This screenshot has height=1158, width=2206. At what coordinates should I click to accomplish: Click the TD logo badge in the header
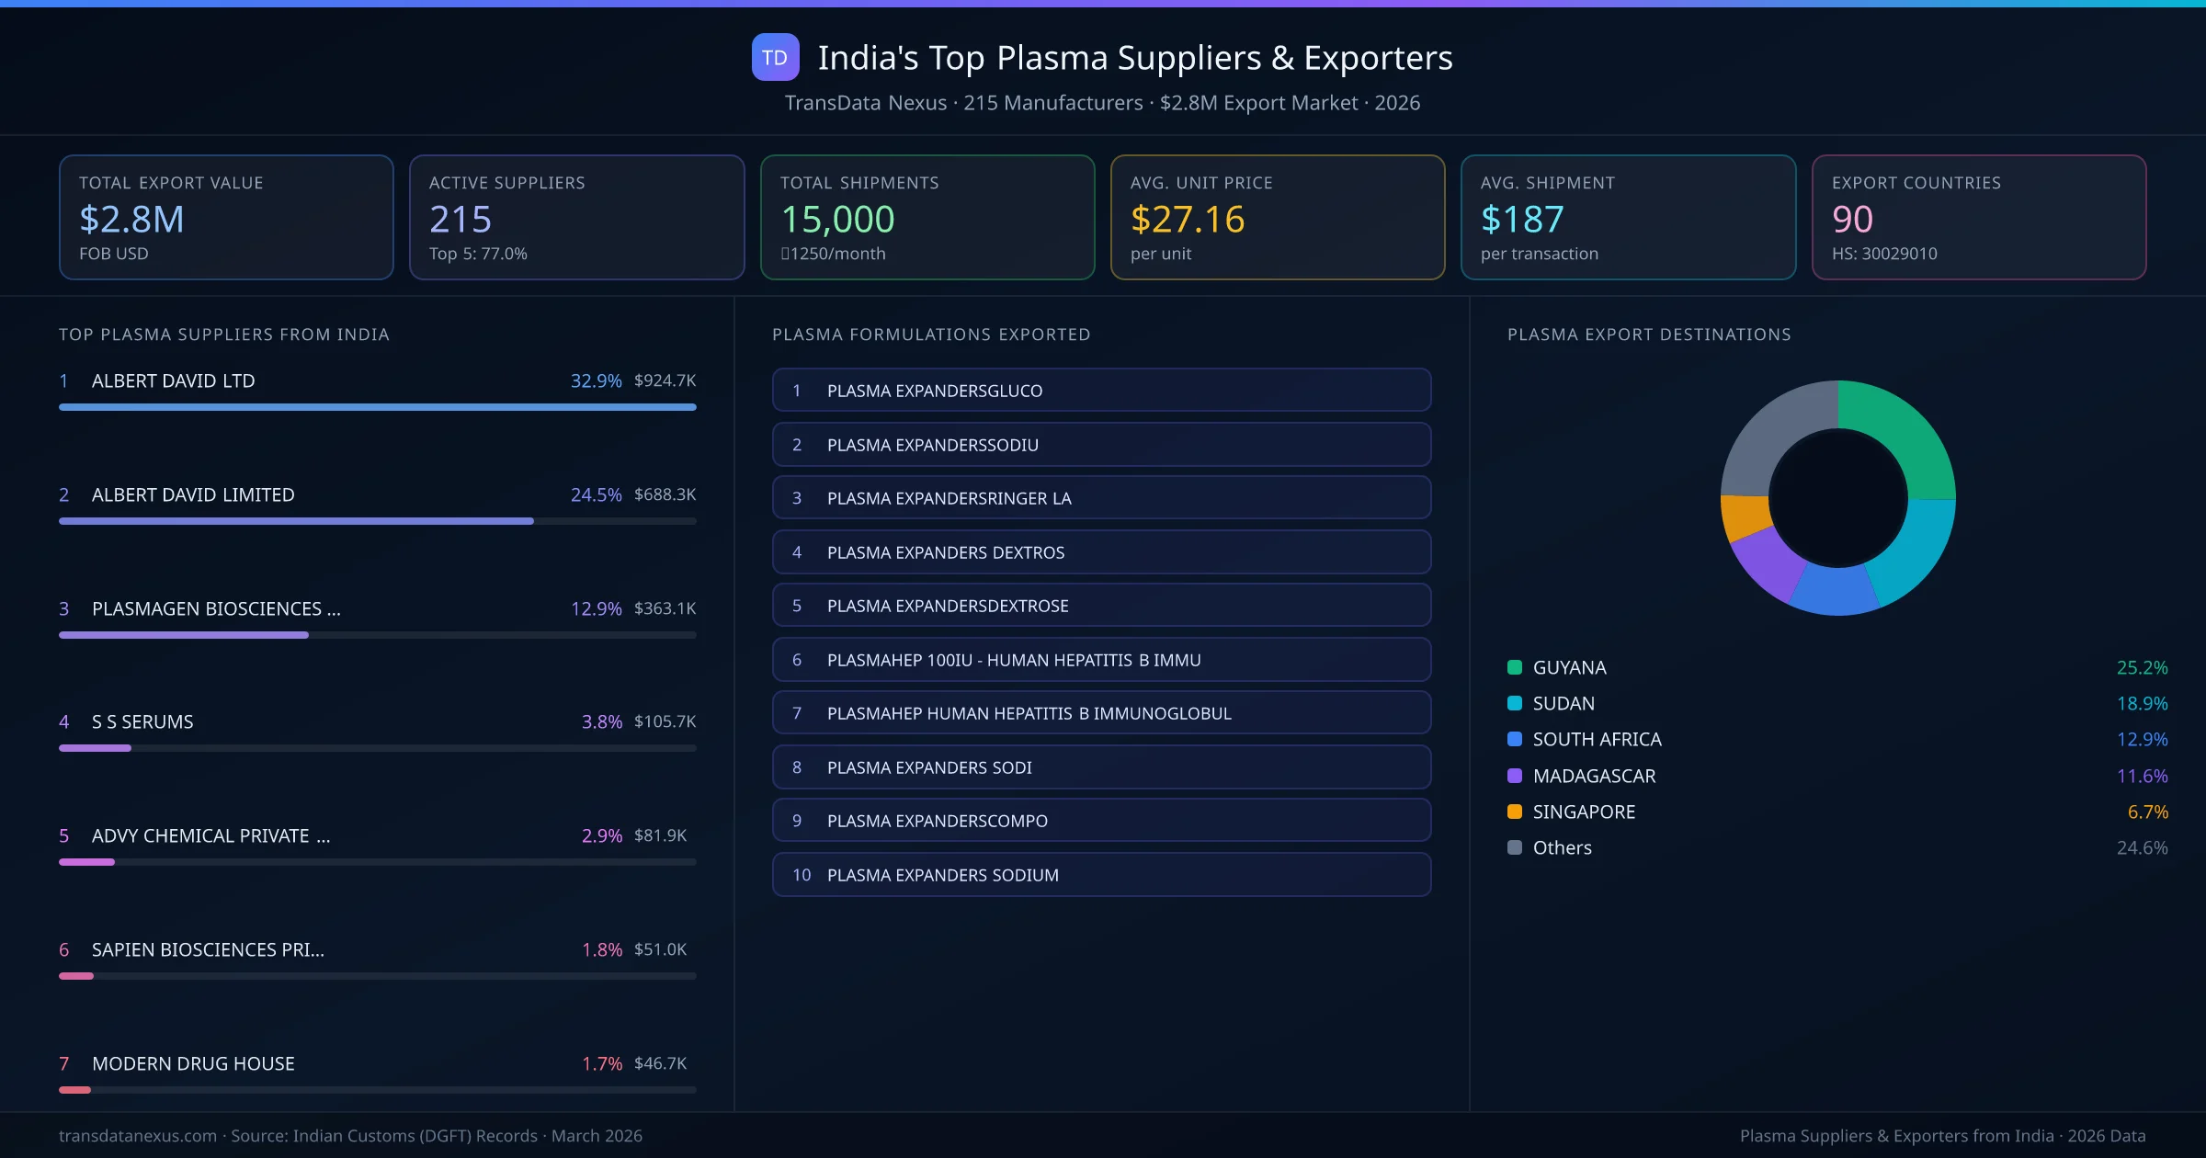click(x=775, y=57)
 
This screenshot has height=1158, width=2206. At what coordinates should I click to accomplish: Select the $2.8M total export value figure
click(x=131, y=220)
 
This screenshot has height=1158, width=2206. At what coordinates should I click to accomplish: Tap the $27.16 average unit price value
click(x=1187, y=220)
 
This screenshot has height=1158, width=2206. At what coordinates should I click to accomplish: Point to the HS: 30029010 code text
click(x=1883, y=254)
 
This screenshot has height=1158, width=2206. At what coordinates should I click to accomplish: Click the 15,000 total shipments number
click(x=836, y=220)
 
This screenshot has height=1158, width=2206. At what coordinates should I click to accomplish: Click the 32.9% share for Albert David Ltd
click(x=596, y=380)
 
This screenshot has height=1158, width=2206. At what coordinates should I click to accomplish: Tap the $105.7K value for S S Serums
click(x=665, y=721)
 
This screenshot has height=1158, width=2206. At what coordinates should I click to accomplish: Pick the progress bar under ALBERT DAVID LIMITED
click(x=296, y=521)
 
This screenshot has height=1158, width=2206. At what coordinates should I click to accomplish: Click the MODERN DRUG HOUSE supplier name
click(x=193, y=1063)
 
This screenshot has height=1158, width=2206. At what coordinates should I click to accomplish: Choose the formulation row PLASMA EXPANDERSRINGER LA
click(x=1100, y=498)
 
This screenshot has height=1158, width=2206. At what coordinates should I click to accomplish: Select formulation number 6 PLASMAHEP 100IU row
click(x=1100, y=660)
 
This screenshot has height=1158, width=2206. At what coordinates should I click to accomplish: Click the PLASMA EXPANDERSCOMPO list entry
click(x=1100, y=821)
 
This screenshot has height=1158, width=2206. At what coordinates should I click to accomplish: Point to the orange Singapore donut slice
click(x=1744, y=517)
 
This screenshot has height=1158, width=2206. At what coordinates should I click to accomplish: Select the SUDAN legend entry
click(x=1563, y=703)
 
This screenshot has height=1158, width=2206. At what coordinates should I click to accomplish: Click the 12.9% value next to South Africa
click(x=2141, y=739)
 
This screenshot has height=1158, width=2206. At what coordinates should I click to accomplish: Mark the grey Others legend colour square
click(x=1515, y=847)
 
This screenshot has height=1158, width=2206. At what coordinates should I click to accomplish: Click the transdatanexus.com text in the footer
click(x=138, y=1136)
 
